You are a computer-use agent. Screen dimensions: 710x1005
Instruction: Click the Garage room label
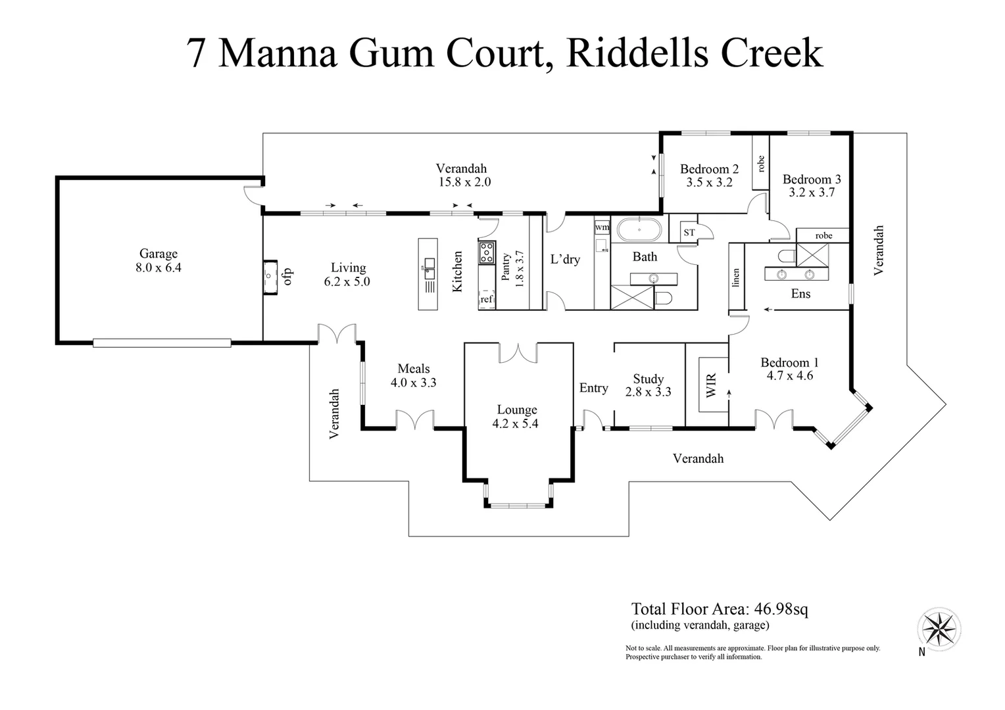click(158, 254)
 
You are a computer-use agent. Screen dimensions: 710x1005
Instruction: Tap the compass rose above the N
click(939, 627)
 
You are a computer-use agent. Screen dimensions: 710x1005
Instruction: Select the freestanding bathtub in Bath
click(639, 230)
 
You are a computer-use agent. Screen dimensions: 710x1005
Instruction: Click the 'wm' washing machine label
click(602, 227)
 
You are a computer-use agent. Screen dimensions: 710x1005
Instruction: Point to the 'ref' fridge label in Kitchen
click(487, 300)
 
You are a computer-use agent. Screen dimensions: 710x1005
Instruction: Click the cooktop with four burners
click(487, 252)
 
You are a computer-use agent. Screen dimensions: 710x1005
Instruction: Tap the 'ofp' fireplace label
click(287, 277)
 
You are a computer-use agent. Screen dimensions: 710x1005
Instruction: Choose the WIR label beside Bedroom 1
click(711, 386)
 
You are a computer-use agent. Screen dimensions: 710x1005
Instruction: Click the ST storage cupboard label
click(689, 233)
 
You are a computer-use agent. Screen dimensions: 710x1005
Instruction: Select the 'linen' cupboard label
click(736, 277)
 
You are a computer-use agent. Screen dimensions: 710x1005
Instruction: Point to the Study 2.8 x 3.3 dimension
click(648, 392)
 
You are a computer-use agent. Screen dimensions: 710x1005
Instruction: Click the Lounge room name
click(516, 410)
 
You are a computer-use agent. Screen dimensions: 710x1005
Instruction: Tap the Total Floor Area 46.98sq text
click(720, 609)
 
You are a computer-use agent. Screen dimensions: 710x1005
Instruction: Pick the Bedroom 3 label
click(812, 179)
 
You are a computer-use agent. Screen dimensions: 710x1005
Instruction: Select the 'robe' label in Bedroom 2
click(761, 164)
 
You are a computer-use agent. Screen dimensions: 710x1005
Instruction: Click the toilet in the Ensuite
click(786, 255)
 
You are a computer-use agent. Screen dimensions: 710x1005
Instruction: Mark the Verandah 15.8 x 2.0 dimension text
click(464, 182)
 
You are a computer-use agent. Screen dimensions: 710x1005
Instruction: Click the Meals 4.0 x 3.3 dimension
click(414, 383)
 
